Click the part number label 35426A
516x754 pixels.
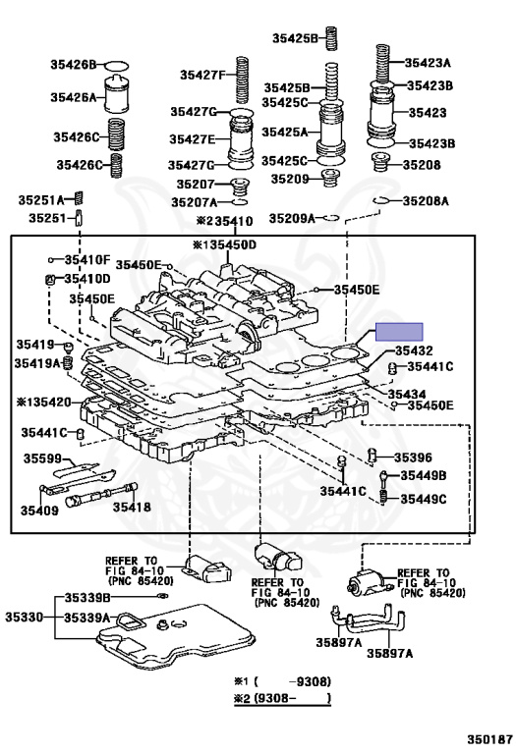click(73, 97)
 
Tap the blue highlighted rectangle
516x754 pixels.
click(399, 332)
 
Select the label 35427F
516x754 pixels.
click(202, 75)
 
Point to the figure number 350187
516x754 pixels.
click(489, 739)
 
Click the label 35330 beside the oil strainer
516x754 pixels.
click(25, 617)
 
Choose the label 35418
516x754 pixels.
click(132, 507)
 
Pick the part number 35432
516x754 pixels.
click(415, 350)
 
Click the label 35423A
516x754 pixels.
click(428, 63)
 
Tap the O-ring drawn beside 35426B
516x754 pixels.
click(117, 65)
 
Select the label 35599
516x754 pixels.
click(42, 459)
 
